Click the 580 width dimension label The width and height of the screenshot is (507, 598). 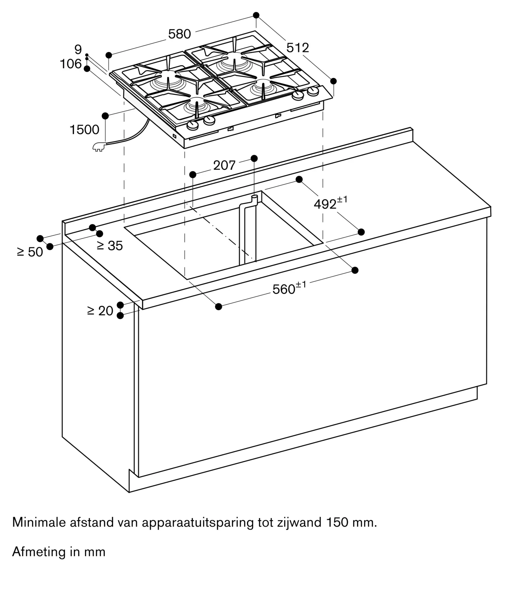tap(179, 34)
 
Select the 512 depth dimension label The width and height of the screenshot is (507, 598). tap(297, 48)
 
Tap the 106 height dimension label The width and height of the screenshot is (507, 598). tap(71, 64)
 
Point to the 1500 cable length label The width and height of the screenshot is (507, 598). tap(84, 130)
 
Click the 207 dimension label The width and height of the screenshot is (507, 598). tap(224, 165)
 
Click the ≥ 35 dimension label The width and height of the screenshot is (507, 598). tap(110, 246)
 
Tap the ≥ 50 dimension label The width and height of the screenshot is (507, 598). tap(30, 252)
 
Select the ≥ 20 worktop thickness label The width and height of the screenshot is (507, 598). tap(100, 311)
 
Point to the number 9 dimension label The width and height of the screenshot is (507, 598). tap(78, 49)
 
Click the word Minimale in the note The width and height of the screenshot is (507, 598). tap(39, 522)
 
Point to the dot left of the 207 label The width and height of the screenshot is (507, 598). tap(193, 174)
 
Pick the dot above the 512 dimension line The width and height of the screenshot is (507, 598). tap(256, 15)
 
